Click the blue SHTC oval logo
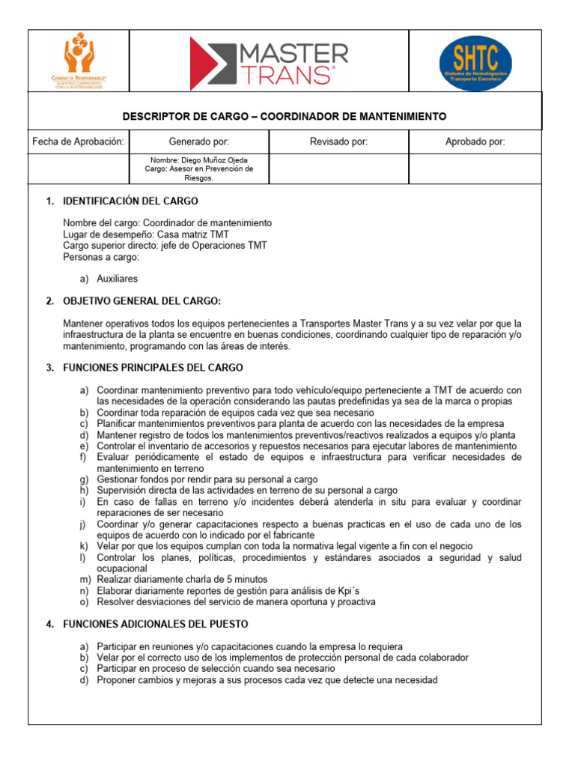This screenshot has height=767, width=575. [475, 63]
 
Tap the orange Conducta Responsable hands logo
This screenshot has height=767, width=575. [79, 63]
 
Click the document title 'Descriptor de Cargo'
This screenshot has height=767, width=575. [284, 117]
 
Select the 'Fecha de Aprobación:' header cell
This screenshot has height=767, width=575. [78, 142]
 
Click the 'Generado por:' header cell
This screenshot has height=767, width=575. [199, 142]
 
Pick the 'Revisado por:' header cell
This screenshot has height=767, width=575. [338, 142]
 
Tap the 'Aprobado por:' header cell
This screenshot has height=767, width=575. [475, 142]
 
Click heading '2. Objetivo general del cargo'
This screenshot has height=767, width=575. [142, 301]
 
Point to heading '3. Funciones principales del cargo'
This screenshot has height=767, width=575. [153, 368]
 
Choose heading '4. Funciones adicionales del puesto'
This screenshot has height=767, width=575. [156, 624]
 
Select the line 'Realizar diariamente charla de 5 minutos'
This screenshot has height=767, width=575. [182, 580]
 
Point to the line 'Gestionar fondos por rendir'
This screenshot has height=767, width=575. [207, 479]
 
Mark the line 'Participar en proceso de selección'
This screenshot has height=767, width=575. [216, 668]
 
